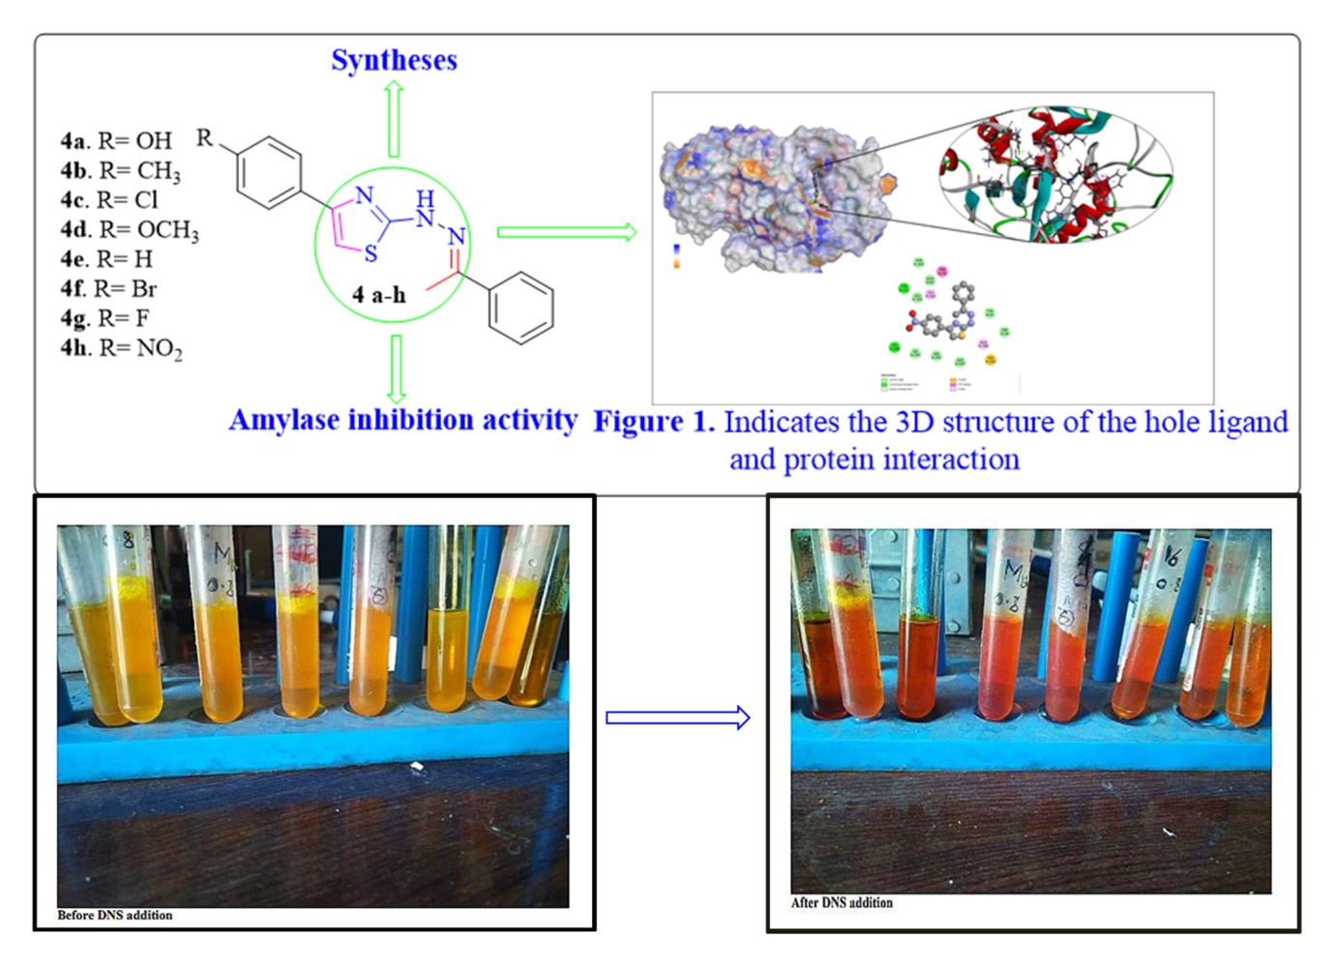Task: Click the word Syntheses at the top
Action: pyautogui.click(x=394, y=60)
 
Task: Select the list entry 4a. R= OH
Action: pyautogui.click(x=116, y=141)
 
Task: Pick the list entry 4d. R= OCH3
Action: pyautogui.click(x=130, y=230)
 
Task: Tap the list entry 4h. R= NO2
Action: pyautogui.click(x=121, y=348)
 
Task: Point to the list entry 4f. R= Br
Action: pyautogui.click(x=108, y=289)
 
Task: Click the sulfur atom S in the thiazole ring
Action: pyautogui.click(x=371, y=255)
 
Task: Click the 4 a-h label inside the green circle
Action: pyautogui.click(x=379, y=295)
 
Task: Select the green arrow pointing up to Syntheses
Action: pyautogui.click(x=394, y=118)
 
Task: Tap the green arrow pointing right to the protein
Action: pyautogui.click(x=566, y=232)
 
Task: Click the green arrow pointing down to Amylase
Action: pyautogui.click(x=396, y=368)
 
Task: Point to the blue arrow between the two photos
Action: pyautogui.click(x=677, y=717)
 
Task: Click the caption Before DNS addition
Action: pyautogui.click(x=115, y=915)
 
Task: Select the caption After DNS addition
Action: pyautogui.click(x=842, y=902)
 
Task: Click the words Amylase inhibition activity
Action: pyautogui.click(x=402, y=421)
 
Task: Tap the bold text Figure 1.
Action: pyautogui.click(x=654, y=422)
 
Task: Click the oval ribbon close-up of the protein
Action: pyautogui.click(x=1055, y=175)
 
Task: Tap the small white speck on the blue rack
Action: pyautogui.click(x=417, y=767)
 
